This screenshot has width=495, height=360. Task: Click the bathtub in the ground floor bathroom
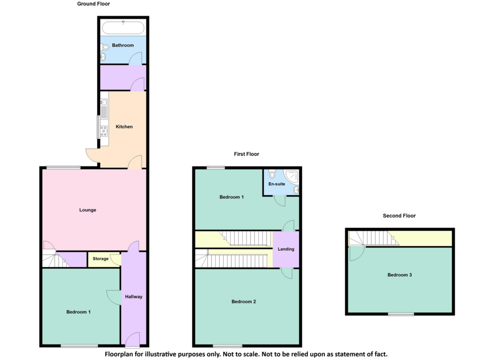tap(123, 28)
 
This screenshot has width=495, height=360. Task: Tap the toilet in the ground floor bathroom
tap(105, 47)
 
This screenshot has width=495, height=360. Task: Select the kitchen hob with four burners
tap(104, 131)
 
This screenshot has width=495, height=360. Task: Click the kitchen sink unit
tap(104, 109)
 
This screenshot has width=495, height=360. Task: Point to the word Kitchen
tap(124, 127)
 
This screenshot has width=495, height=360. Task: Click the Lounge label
tap(88, 210)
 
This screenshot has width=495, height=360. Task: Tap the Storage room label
tap(101, 258)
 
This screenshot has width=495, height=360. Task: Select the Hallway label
tap(133, 297)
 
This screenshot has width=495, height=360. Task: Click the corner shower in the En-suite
tap(291, 176)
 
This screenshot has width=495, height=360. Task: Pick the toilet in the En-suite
tap(272, 174)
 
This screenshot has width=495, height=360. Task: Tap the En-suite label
tap(277, 184)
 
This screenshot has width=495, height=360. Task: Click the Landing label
tap(286, 249)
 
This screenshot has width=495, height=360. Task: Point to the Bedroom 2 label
tap(244, 301)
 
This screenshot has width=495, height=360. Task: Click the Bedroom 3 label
tap(400, 275)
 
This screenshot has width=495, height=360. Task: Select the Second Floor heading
tap(399, 215)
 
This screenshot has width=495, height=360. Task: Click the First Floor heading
tap(247, 154)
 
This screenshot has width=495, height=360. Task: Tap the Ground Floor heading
tap(93, 4)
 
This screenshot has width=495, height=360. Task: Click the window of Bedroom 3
tap(401, 314)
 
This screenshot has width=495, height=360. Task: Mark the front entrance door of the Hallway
tap(132, 340)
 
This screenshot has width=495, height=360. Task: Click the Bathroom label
tap(123, 45)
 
